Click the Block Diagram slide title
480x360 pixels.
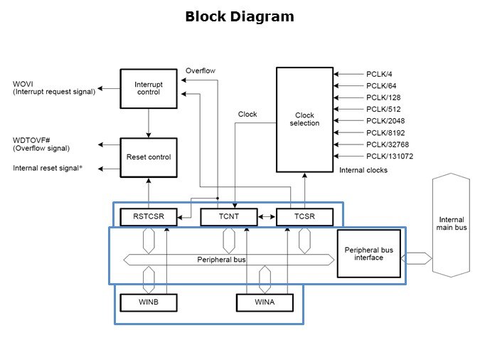coord(239,16)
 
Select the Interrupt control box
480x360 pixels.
coord(148,88)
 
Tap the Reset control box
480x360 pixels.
coord(148,157)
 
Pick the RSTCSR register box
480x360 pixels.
coord(148,216)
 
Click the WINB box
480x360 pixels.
coord(148,303)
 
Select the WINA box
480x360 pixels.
coord(265,303)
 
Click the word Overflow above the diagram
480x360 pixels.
coord(200,70)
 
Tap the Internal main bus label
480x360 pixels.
coord(452,224)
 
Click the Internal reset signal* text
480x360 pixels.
coord(46,169)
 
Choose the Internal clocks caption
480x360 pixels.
coord(363,171)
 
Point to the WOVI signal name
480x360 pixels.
coord(23,85)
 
